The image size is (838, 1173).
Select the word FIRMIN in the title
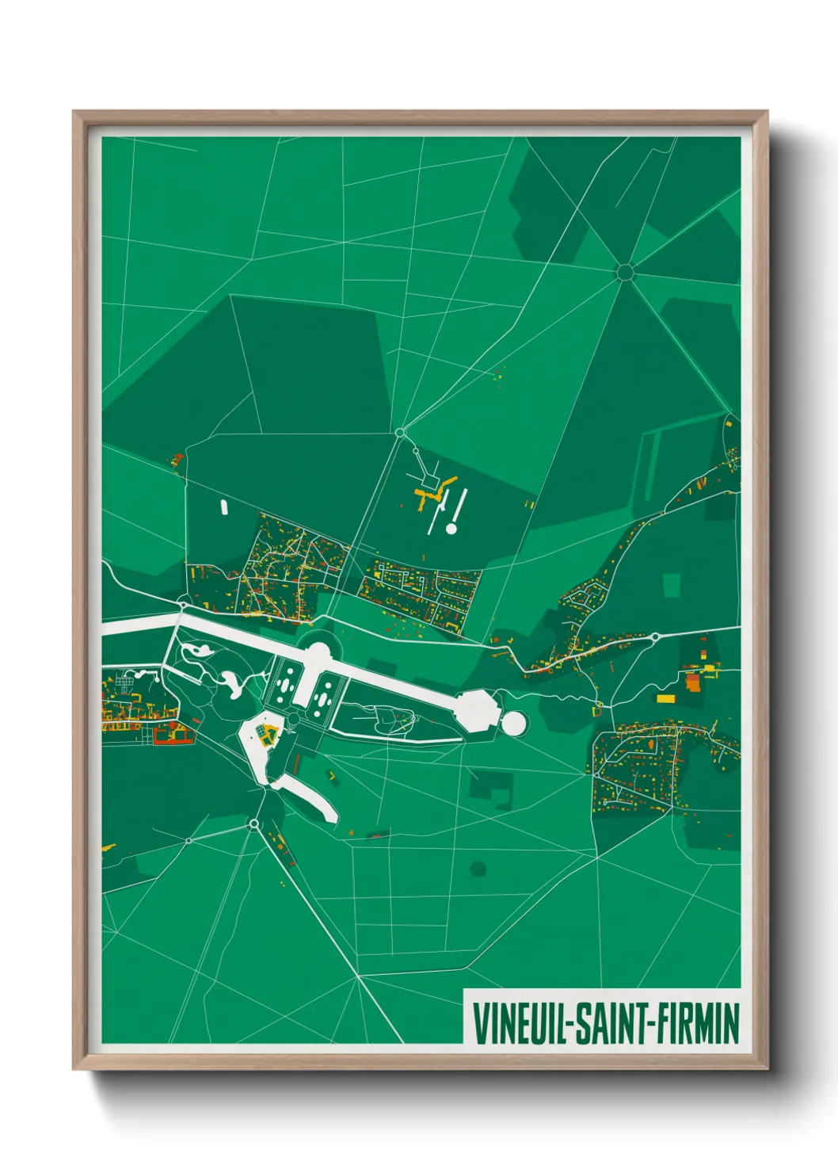click(696, 1023)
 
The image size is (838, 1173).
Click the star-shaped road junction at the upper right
click(625, 273)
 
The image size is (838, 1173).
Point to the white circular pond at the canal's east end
click(513, 722)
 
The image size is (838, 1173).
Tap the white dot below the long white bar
click(451, 528)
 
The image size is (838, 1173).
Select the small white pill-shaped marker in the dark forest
click(224, 506)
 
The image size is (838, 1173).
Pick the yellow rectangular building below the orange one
click(665, 699)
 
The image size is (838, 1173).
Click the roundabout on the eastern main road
click(656, 636)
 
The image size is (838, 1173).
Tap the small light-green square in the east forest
click(672, 585)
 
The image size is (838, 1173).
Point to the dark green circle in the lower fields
click(478, 869)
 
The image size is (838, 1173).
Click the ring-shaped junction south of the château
click(253, 824)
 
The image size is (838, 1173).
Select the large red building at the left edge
click(173, 737)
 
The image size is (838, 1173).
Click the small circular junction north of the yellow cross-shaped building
click(400, 433)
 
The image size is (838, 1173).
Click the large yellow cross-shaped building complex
click(434, 493)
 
